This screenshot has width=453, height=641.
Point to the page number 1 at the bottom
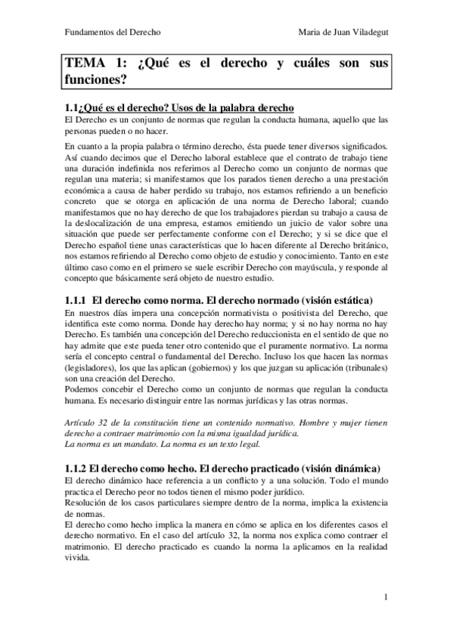click(x=386, y=597)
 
